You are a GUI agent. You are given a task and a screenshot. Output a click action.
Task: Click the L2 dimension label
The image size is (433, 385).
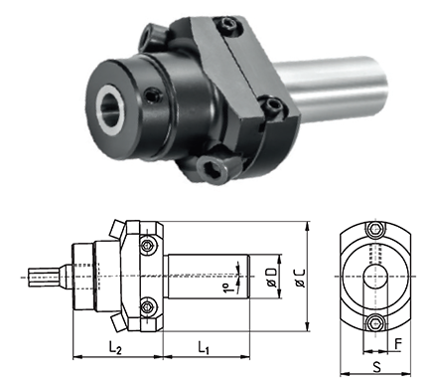(x=115, y=348)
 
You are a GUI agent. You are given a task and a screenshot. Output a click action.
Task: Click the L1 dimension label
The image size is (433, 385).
(x=204, y=348)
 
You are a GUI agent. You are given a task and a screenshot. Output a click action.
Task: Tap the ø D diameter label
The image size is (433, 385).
(x=271, y=277)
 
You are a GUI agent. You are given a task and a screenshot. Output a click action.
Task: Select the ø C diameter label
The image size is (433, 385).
(x=300, y=278)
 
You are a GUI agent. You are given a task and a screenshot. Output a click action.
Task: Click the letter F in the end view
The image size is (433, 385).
(x=398, y=344)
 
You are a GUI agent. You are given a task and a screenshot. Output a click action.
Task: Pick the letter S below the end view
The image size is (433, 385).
(x=376, y=367)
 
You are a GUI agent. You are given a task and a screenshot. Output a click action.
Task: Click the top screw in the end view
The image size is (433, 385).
(x=375, y=229)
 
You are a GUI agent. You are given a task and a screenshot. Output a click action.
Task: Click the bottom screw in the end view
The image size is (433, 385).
(x=375, y=322)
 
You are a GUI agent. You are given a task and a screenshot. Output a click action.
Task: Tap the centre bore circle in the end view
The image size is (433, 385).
(x=375, y=277)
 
